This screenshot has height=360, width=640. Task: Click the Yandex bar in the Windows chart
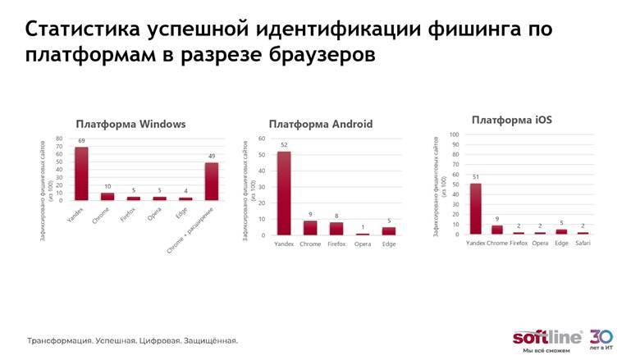pyautogui.click(x=81, y=174)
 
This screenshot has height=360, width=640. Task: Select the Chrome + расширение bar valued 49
pyautogui.click(x=212, y=181)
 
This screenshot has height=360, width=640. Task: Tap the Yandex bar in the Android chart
pyautogui.click(x=284, y=194)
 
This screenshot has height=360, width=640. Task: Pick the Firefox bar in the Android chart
pyautogui.click(x=336, y=229)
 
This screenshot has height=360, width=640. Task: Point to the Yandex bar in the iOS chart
pyautogui.click(x=475, y=209)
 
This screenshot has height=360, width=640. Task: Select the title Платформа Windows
pyautogui.click(x=130, y=125)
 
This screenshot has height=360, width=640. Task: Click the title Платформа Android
pyautogui.click(x=320, y=125)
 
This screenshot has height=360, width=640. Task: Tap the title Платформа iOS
pyautogui.click(x=511, y=120)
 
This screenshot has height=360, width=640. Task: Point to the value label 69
pyautogui.click(x=81, y=141)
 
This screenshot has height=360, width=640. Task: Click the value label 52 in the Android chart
pyautogui.click(x=284, y=144)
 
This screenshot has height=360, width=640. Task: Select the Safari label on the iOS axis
pyautogui.click(x=582, y=244)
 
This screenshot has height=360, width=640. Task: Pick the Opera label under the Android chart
pyautogui.click(x=363, y=244)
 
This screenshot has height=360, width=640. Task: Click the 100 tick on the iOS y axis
pyautogui.click(x=453, y=135)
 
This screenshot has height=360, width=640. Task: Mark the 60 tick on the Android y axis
pyautogui.click(x=262, y=138)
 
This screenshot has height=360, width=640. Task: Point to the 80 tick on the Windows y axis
pyautogui.click(x=59, y=139)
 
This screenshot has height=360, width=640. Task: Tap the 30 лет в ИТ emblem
pyautogui.click(x=601, y=339)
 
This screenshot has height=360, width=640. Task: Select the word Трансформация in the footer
pyautogui.click(x=59, y=339)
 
